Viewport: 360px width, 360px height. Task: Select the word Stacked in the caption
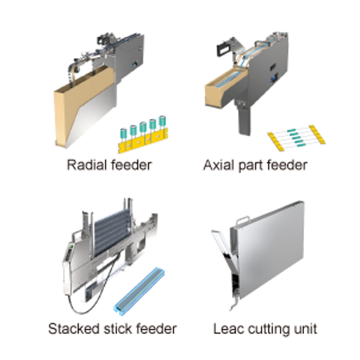tap(74, 329)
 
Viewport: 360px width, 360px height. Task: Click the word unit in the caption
tap(305, 329)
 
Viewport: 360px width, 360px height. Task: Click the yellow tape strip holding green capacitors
tap(142, 141)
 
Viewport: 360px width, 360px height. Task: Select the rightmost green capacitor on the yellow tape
tap(162, 121)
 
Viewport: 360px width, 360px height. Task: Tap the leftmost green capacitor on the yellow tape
tap(123, 133)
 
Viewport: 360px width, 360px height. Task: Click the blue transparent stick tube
tap(139, 291)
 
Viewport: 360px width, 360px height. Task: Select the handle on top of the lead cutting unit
tap(243, 220)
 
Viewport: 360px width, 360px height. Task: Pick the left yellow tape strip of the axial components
tap(276, 142)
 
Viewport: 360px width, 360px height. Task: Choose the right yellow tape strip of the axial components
tap(317, 134)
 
